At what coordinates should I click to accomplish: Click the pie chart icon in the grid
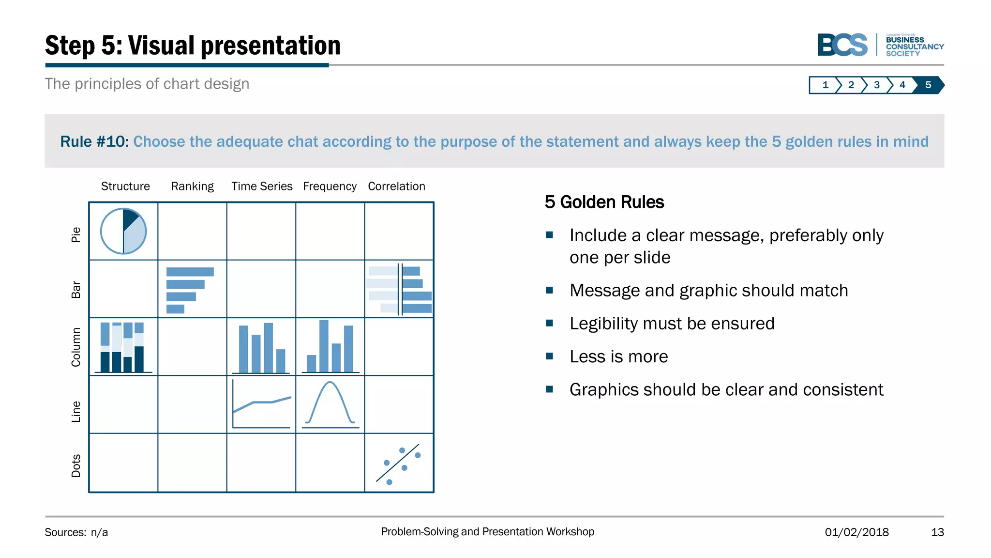123,232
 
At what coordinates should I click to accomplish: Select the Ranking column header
192,186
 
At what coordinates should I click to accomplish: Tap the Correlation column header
396,186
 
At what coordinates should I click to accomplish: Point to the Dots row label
76,465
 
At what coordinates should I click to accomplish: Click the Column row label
76,347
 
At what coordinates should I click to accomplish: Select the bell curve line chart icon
330,404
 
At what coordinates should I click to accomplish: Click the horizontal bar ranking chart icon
189,290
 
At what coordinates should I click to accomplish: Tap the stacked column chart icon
123,347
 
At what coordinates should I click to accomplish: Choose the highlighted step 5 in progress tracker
928,85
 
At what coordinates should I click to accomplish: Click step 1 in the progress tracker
825,85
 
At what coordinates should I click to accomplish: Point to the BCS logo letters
842,45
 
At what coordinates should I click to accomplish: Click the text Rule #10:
94,141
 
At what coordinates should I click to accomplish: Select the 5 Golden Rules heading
604,202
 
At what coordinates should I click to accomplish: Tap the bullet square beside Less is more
549,356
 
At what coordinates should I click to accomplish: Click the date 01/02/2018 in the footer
856,532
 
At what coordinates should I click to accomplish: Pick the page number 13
937,532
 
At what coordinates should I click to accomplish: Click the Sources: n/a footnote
76,532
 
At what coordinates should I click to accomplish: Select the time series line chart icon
261,404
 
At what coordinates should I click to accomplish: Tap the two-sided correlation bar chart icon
399,290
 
